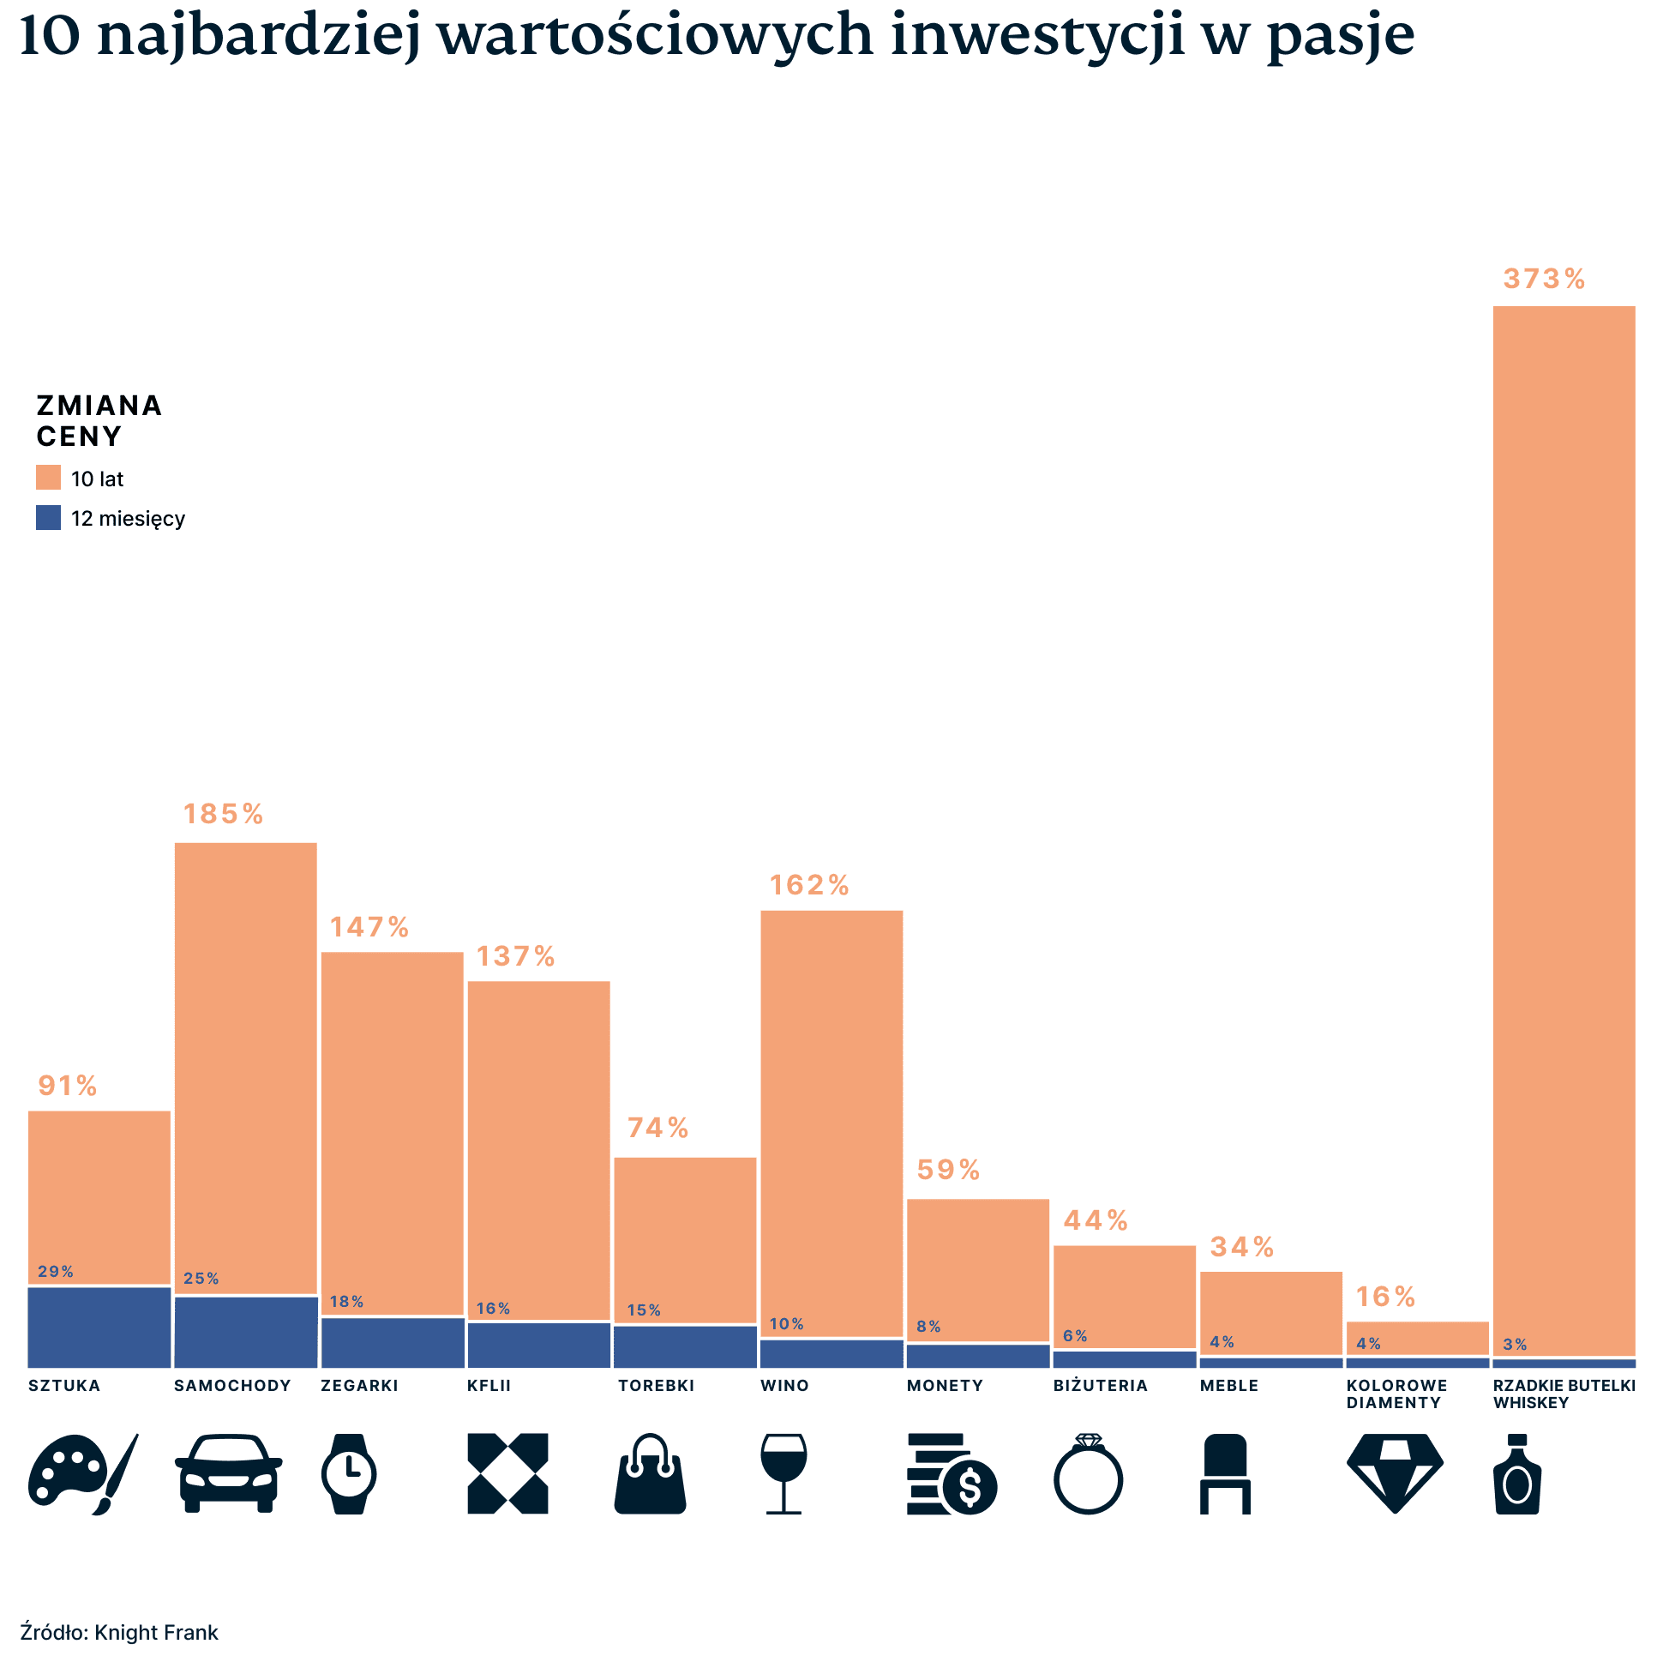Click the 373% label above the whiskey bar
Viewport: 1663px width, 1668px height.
(x=1543, y=279)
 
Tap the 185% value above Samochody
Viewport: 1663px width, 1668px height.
(x=223, y=813)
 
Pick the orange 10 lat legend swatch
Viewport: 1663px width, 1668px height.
(x=48, y=478)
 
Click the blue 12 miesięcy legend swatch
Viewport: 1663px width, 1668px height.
(x=48, y=517)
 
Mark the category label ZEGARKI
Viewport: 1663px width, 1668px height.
(x=359, y=1386)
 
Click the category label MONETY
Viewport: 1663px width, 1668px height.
(x=944, y=1386)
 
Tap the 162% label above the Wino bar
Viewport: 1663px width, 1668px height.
(x=808, y=885)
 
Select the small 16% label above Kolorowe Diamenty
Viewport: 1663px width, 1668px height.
(x=1384, y=1297)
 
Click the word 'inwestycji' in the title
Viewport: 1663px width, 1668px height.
(x=1037, y=36)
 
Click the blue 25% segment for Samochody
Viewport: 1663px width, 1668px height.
(x=245, y=1331)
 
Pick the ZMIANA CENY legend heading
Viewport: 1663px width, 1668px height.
(x=99, y=420)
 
